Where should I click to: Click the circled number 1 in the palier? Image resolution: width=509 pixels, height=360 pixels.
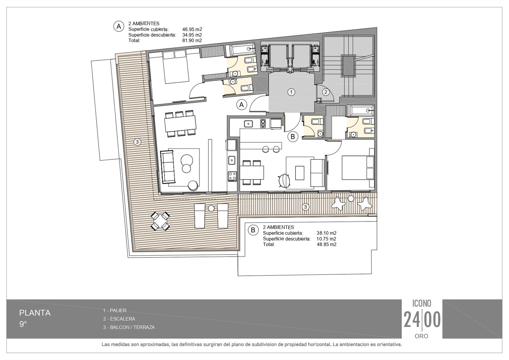click(291, 92)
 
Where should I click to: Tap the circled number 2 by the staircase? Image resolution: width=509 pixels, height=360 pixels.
click(326, 92)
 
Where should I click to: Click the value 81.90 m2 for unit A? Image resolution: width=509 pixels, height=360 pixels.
click(192, 40)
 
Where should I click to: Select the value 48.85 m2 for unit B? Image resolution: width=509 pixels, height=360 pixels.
click(326, 244)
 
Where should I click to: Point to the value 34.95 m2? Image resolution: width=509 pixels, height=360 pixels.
click(192, 35)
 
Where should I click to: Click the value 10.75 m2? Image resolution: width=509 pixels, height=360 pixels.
click(326, 239)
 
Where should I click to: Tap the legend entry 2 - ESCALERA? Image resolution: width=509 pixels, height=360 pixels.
click(119, 319)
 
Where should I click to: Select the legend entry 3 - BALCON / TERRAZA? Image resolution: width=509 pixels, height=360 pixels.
click(129, 327)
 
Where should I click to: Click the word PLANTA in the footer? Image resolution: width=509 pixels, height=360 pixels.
click(35, 313)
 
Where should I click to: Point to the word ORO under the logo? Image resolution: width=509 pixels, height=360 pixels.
click(422, 336)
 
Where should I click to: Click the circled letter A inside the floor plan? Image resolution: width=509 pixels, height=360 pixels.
click(241, 105)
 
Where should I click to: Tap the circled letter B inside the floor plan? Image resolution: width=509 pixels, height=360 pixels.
click(293, 137)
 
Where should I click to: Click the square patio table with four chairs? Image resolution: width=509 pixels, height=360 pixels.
click(160, 221)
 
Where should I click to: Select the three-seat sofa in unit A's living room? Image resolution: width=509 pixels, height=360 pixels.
click(168, 167)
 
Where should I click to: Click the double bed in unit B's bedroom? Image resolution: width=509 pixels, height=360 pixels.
click(358, 168)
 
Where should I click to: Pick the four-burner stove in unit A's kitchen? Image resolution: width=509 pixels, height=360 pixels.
click(232, 176)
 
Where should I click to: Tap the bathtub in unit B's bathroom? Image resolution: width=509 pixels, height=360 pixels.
click(361, 110)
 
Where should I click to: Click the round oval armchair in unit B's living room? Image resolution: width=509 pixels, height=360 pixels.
click(284, 180)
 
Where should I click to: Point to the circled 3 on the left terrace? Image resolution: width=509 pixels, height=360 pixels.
click(137, 142)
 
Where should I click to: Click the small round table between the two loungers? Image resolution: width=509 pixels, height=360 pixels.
click(211, 208)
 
